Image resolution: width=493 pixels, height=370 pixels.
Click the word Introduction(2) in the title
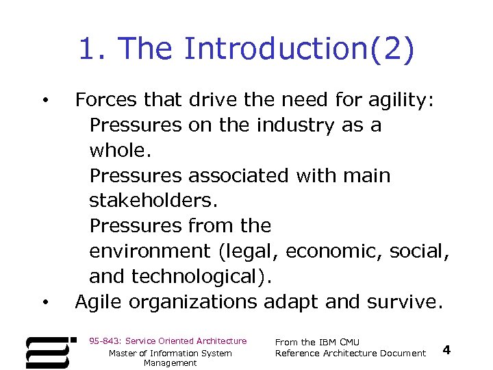(x=299, y=49)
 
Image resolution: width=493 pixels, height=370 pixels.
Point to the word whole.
(x=116, y=151)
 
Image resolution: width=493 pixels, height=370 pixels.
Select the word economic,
(x=334, y=251)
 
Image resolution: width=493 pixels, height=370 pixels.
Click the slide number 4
(x=446, y=350)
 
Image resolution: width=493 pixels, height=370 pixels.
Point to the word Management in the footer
(x=170, y=363)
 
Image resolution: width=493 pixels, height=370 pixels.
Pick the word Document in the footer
(x=404, y=353)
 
